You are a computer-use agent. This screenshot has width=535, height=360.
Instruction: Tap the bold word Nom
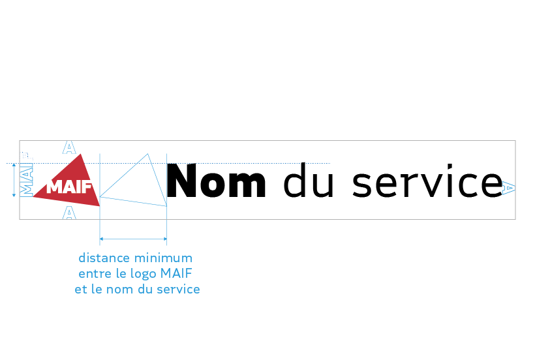pos(217,182)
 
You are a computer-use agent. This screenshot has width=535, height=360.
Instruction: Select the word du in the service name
pos(309,183)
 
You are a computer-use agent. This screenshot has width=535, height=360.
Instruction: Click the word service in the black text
pos(427,183)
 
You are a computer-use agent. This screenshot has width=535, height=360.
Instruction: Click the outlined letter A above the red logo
pos(69,147)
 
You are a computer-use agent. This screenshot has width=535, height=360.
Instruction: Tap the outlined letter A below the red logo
pos(69,213)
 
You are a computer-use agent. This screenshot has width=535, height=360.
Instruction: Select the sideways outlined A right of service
pos(510,188)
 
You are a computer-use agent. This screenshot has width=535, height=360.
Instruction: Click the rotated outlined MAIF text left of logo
pos(27,181)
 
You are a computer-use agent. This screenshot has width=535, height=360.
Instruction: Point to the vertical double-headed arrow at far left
pos(14,180)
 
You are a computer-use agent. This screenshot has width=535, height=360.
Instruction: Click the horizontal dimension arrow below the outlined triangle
pos(133,239)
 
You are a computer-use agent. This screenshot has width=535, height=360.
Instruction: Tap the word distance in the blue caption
pos(104,258)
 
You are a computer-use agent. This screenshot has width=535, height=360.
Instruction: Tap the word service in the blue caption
pos(178,289)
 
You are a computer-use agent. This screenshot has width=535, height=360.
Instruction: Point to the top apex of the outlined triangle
pos(148,154)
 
